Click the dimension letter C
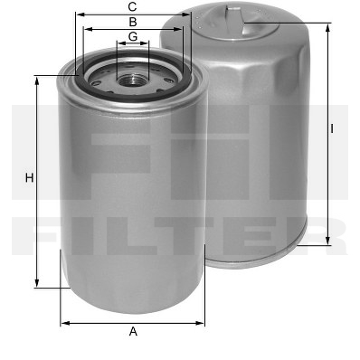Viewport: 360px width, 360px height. click(132, 6)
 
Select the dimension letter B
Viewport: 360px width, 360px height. click(133, 22)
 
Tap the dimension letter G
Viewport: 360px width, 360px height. click(133, 36)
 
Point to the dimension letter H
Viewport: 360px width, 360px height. click(29, 178)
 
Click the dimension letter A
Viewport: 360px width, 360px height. click(133, 332)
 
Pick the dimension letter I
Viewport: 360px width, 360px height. click(332, 128)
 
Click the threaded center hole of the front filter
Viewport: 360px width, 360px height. click(133, 81)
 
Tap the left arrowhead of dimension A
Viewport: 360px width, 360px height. click(65, 323)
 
